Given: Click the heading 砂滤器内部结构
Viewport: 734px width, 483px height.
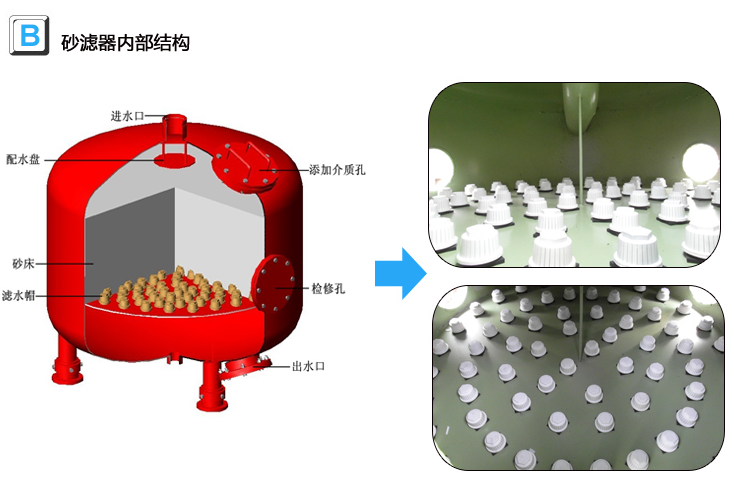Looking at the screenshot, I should [125, 42].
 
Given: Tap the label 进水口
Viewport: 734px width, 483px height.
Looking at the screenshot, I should [127, 116].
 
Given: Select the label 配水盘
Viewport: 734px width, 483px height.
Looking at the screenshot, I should [22, 159].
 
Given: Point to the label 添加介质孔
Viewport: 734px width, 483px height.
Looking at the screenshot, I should [337, 170].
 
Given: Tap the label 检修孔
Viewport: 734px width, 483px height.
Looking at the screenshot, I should [327, 288].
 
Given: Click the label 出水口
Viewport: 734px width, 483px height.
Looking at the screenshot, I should [308, 366].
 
